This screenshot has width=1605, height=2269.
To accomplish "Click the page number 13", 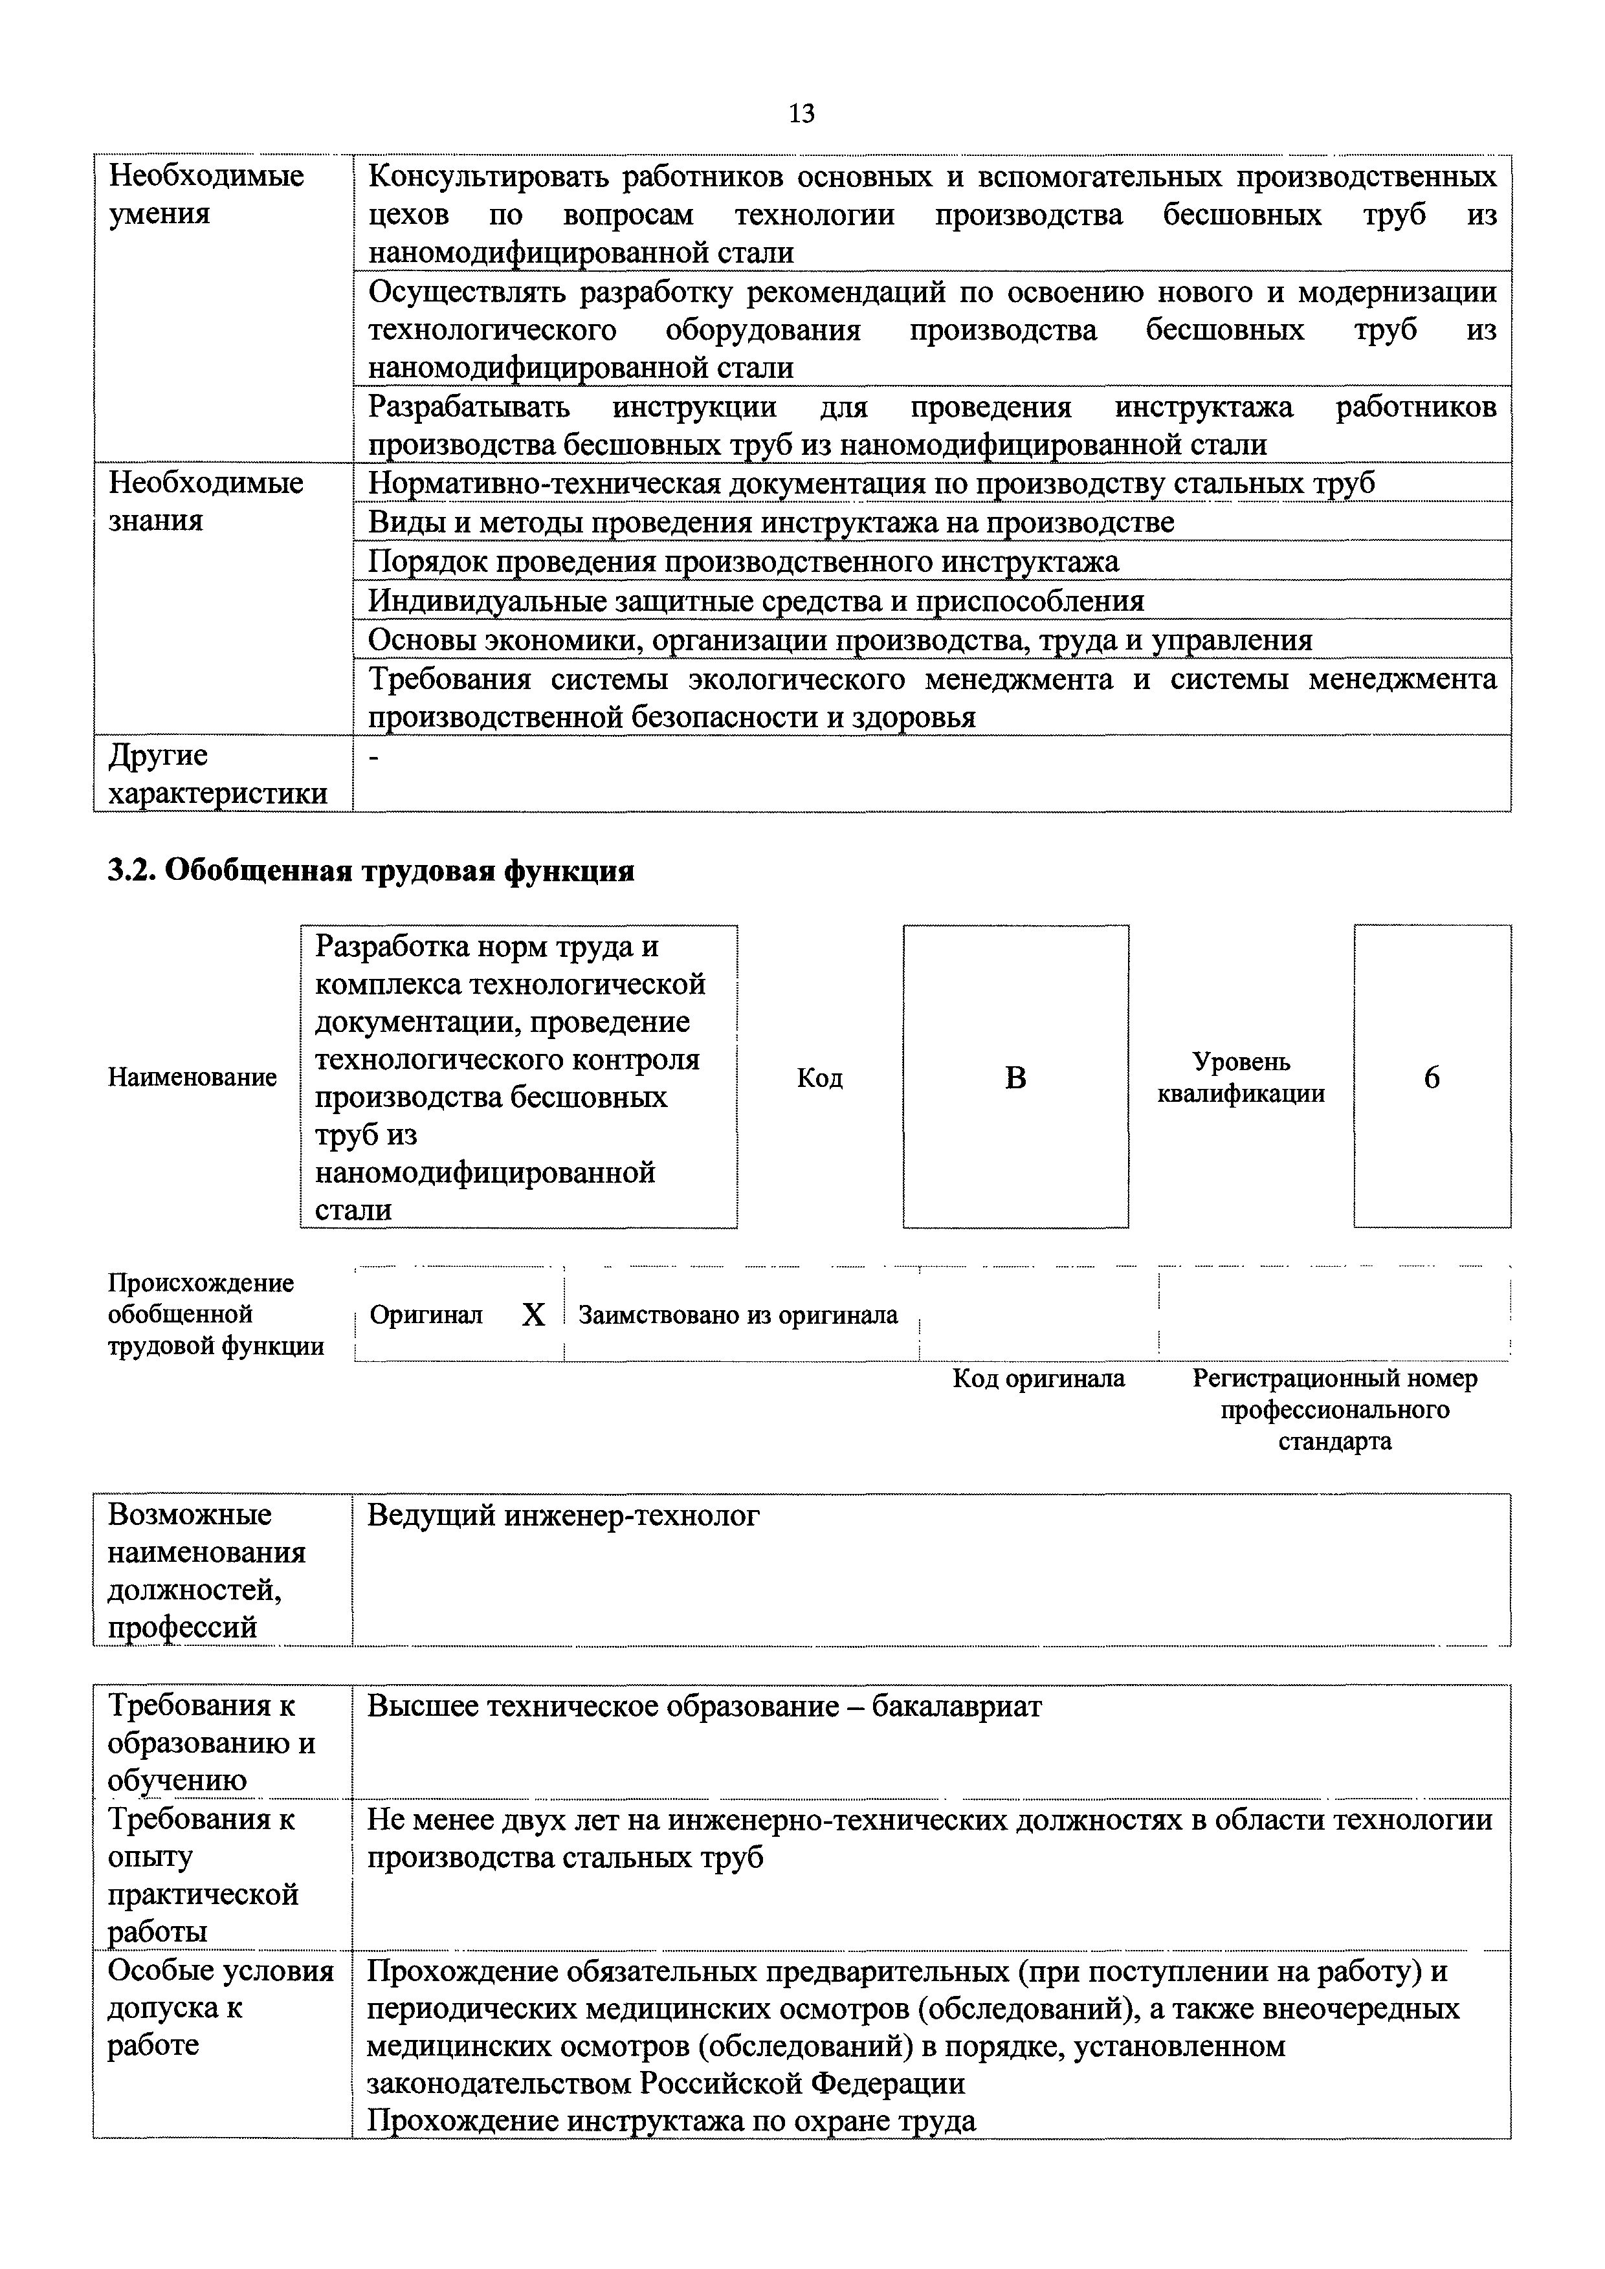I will tap(801, 114).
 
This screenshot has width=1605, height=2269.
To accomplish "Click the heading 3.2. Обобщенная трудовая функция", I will tap(371, 871).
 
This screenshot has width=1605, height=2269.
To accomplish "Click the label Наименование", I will tap(193, 1077).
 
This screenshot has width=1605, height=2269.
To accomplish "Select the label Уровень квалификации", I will tap(1241, 1077).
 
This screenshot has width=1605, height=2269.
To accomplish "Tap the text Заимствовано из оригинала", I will tap(737, 1315).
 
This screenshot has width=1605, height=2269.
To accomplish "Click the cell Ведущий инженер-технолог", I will tap(563, 1515).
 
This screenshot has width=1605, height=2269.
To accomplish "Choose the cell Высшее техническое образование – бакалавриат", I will tap(703, 1707).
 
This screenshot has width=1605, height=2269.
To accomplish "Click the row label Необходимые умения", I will tap(206, 195).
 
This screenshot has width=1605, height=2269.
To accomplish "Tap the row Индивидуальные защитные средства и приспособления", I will tap(756, 601).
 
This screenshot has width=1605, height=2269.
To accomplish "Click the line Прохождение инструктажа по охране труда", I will tap(671, 2121).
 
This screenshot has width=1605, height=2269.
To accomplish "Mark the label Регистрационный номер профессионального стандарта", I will tap(1334, 1409).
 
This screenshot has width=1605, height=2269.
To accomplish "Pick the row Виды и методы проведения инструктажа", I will tap(771, 521).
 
